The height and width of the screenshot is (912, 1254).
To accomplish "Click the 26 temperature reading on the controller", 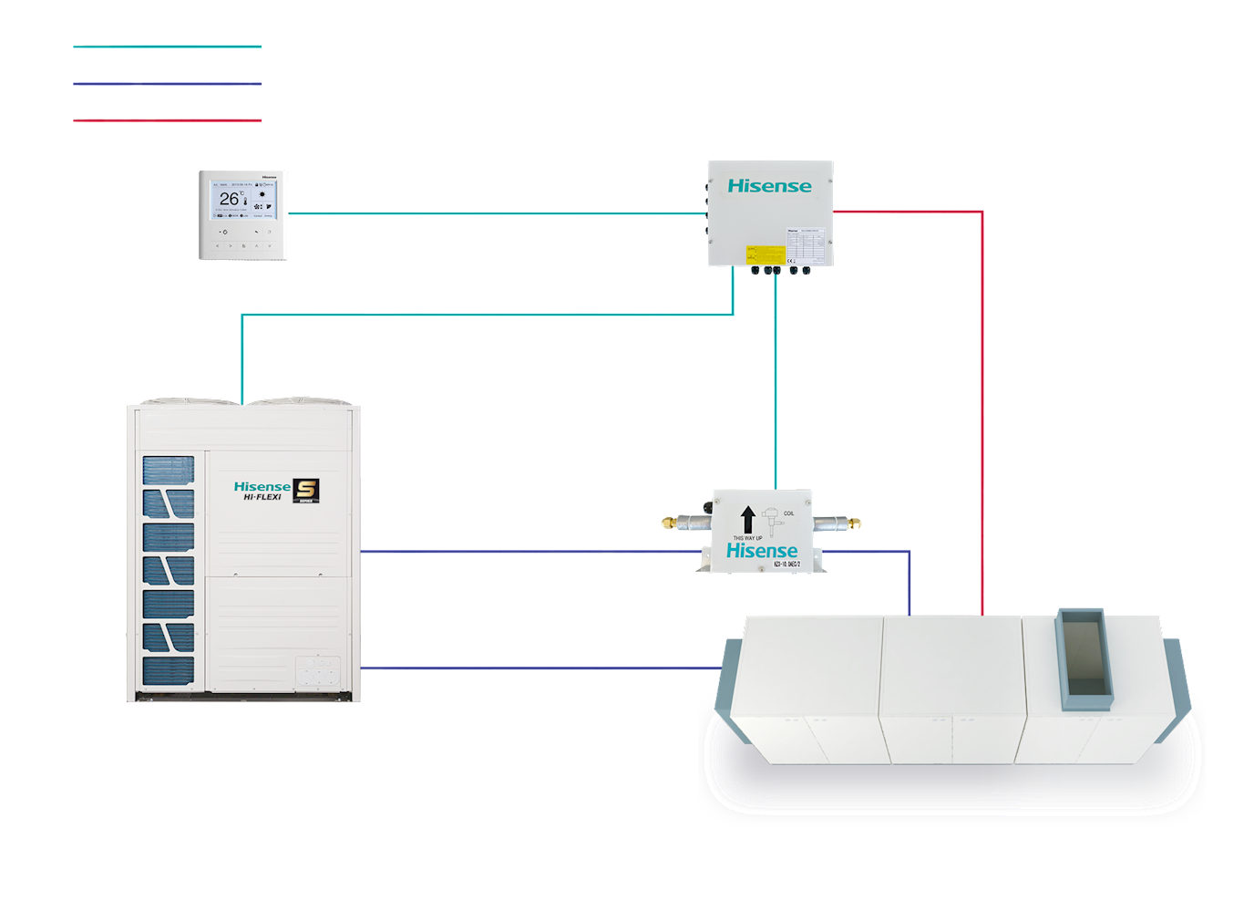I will pyautogui.click(x=229, y=198).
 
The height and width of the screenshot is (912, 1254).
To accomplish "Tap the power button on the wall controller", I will pyautogui.click(x=225, y=233).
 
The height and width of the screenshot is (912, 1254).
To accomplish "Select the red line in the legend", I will pyautogui.click(x=168, y=120).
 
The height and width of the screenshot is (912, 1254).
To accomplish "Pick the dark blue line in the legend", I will pyautogui.click(x=168, y=84).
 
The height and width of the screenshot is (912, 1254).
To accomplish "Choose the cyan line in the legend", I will pyautogui.click(x=168, y=47).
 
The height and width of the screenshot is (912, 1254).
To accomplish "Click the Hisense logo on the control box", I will pyautogui.click(x=769, y=186).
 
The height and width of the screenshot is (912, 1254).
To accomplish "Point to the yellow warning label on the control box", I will pyautogui.click(x=766, y=254).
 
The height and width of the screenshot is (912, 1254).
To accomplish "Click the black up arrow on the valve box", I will pyautogui.click(x=748, y=520).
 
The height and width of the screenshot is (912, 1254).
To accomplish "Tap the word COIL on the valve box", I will pyautogui.click(x=789, y=513).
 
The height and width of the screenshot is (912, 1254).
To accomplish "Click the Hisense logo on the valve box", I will pyautogui.click(x=762, y=551).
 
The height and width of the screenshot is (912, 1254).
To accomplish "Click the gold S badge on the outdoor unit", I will pyautogui.click(x=306, y=491).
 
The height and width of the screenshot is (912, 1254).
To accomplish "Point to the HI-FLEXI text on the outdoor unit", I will pyautogui.click(x=262, y=498).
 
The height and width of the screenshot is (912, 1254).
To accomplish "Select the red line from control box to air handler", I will pyautogui.click(x=982, y=410).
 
